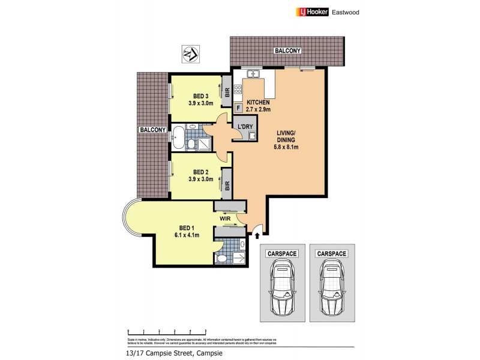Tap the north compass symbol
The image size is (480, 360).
(190, 54)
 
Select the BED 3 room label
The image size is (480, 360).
(200, 96)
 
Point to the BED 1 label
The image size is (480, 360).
(187, 227)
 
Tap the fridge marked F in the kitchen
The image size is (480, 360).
(239, 108)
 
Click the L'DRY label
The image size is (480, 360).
(245, 127)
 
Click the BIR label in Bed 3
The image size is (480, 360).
(227, 92)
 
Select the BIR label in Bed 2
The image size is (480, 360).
(227, 185)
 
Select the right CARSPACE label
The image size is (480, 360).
(332, 254)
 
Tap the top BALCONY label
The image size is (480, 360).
(287, 52)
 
